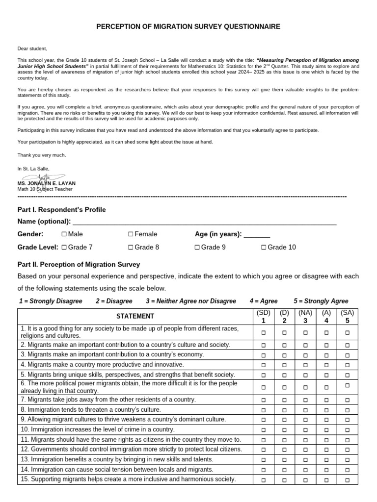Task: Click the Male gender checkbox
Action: (x=64, y=234)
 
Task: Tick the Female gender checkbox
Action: (x=131, y=234)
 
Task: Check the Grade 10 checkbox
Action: (x=264, y=248)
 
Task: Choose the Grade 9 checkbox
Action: (x=197, y=248)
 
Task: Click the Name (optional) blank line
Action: (x=204, y=222)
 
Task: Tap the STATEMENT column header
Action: (x=135, y=316)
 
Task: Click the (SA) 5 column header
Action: (x=347, y=316)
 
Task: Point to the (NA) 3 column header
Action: (x=305, y=316)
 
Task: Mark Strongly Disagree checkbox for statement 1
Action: (x=263, y=332)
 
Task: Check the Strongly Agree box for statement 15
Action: (x=347, y=479)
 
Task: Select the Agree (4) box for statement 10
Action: (x=326, y=430)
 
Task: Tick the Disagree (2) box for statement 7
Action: (x=284, y=401)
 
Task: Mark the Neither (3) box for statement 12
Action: (x=305, y=450)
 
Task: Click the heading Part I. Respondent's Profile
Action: (x=61, y=210)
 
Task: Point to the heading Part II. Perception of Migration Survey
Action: (x=79, y=264)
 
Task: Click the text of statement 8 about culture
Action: (x=90, y=409)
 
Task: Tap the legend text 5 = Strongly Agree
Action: (x=321, y=301)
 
